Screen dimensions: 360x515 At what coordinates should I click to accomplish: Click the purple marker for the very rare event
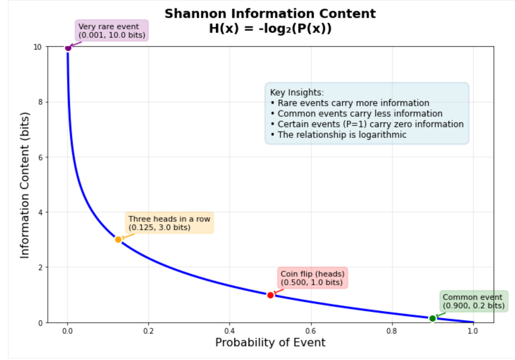pyautogui.click(x=68, y=48)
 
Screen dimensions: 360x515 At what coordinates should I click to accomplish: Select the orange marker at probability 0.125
pyautogui.click(x=118, y=240)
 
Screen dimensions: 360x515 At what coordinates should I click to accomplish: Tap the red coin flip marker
pyautogui.click(x=270, y=295)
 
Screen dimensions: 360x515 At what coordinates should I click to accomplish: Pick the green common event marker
pyautogui.click(x=432, y=318)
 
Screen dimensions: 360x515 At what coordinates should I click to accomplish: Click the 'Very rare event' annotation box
pyautogui.click(x=112, y=31)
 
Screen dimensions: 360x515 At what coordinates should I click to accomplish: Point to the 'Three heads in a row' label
pyautogui.click(x=169, y=223)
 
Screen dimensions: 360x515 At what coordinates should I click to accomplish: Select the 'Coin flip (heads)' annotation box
pyautogui.click(x=312, y=278)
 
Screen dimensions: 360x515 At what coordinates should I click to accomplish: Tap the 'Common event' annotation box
pyautogui.click(x=473, y=301)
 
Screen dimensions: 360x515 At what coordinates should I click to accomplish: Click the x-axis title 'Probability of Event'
pyautogui.click(x=270, y=342)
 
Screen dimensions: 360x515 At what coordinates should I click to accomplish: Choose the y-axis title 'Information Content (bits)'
pyautogui.click(x=25, y=185)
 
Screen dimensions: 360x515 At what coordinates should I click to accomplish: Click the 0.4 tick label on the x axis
pyautogui.click(x=229, y=331)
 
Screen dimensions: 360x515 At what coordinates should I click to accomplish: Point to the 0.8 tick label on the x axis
pyautogui.click(x=392, y=331)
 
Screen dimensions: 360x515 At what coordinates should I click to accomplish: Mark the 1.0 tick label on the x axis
pyautogui.click(x=473, y=331)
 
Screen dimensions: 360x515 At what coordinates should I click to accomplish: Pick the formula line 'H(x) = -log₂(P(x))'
pyautogui.click(x=270, y=29)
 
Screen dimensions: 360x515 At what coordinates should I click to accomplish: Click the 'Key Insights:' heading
pyautogui.click(x=297, y=93)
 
